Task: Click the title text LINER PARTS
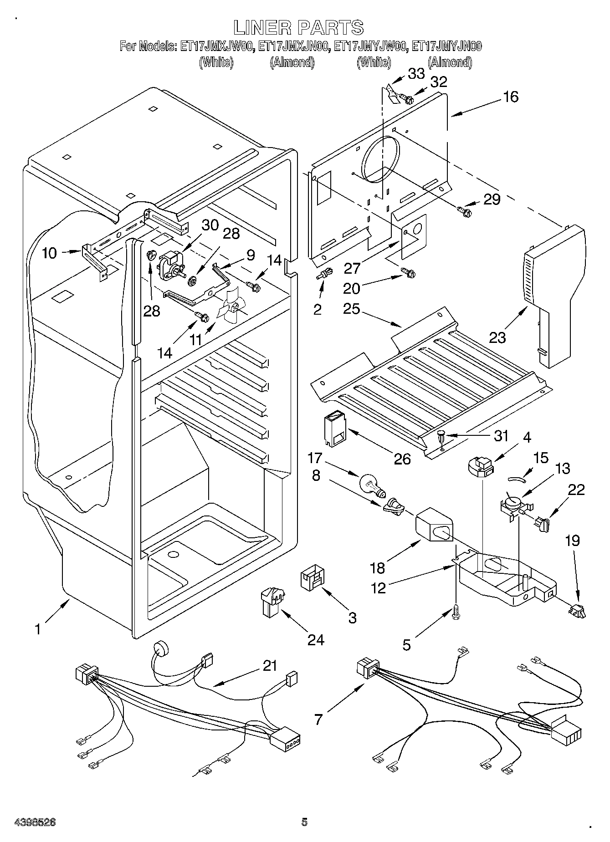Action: click(299, 28)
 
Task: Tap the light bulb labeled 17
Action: click(372, 485)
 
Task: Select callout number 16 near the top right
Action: click(511, 97)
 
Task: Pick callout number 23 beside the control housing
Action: click(497, 337)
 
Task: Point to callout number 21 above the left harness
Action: click(270, 666)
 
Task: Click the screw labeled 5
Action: click(456, 612)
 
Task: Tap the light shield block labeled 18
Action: click(434, 525)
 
